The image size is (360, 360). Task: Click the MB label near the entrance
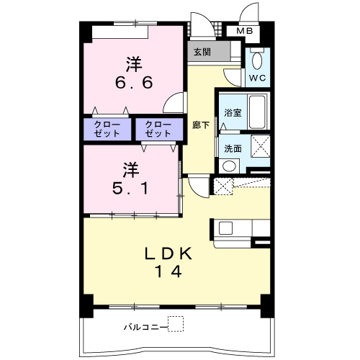tap(244, 31)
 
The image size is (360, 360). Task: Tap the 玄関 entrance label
tap(202, 52)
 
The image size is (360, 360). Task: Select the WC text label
tap(257, 78)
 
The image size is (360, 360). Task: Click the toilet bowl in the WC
tap(257, 61)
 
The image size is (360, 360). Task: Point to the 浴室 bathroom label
tap(233, 113)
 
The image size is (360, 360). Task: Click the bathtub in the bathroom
tap(258, 112)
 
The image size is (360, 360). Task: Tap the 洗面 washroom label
tap(233, 149)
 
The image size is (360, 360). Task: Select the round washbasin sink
tap(229, 166)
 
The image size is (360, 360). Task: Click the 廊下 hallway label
tap(201, 125)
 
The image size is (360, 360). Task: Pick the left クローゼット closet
tap(107, 129)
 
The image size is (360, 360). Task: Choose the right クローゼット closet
tap(159, 129)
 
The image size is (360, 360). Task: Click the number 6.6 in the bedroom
tap(134, 83)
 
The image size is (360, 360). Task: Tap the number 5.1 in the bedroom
tap(131, 188)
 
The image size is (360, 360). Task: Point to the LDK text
tap(168, 253)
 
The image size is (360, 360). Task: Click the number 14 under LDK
tap(168, 271)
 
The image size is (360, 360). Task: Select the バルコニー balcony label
tap(145, 327)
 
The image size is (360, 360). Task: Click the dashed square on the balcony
tap(176, 324)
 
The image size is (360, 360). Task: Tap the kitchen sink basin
tap(225, 228)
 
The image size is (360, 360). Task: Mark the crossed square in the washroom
tap(261, 146)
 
